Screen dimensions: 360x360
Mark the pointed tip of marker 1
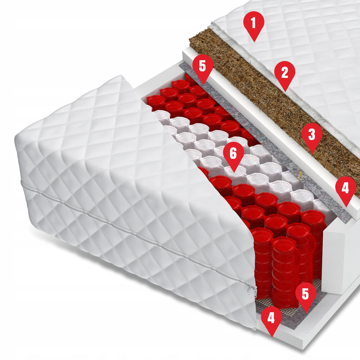click(254, 42)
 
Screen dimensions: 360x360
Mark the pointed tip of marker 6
click(234, 172)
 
